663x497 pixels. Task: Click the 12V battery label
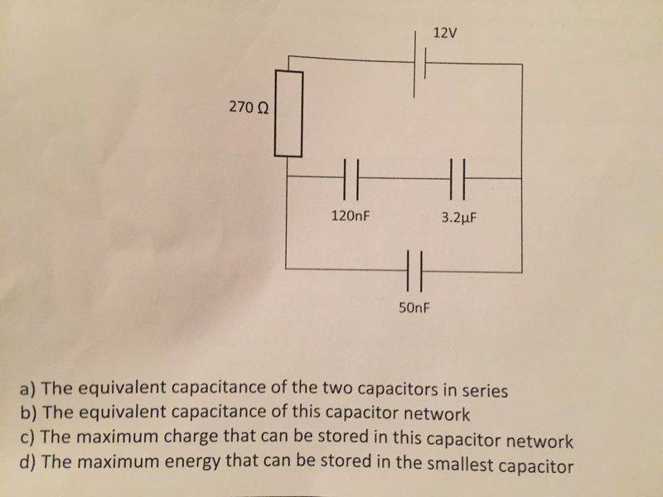(x=445, y=34)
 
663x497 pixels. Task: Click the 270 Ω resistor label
(x=247, y=108)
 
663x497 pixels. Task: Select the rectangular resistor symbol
(x=289, y=113)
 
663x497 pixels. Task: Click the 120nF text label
(x=350, y=215)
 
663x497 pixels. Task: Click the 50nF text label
(x=414, y=309)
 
